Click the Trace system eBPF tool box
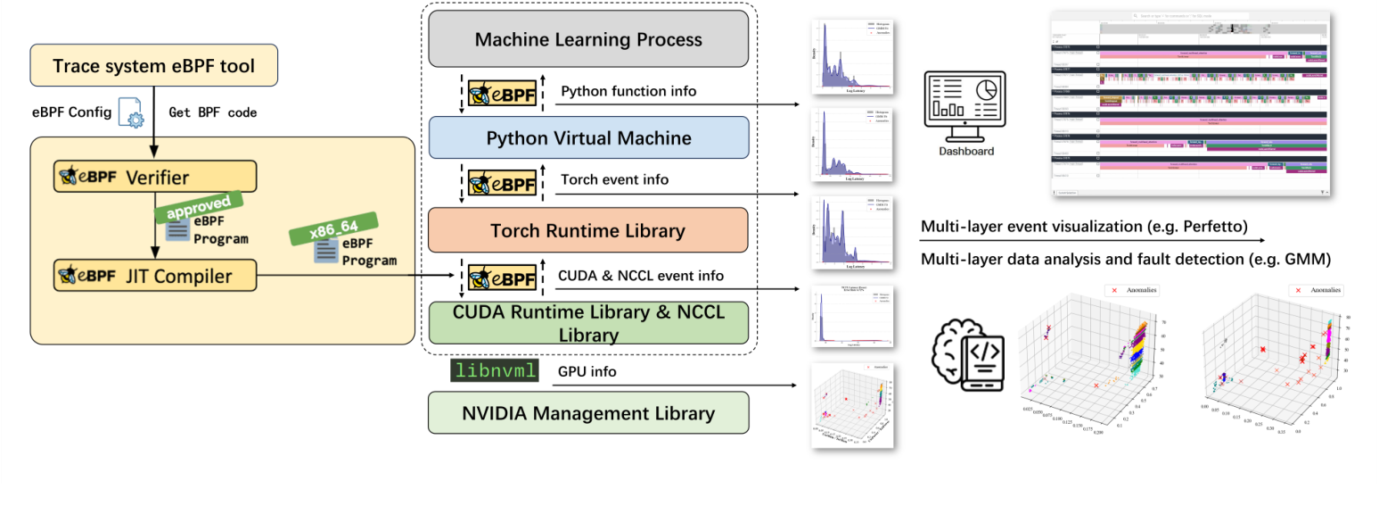(153, 67)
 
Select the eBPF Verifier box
(155, 177)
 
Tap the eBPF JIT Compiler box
(155, 276)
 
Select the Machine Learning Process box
(588, 39)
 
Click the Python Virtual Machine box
(588, 138)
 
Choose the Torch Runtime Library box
(588, 231)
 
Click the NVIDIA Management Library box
(588, 414)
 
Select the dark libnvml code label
(495, 370)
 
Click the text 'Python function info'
(628, 91)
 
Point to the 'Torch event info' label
(614, 180)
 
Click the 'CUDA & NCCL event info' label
(641, 276)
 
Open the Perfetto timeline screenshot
(1190, 104)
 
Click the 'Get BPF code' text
(213, 112)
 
